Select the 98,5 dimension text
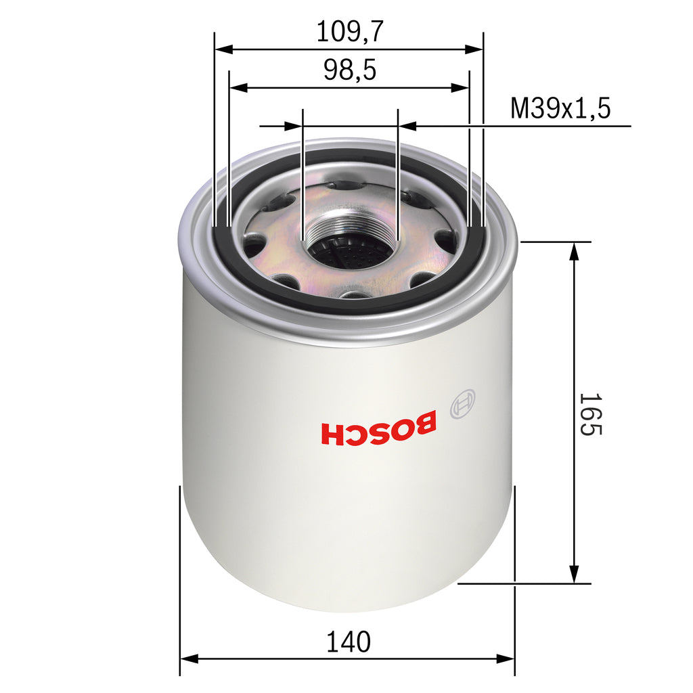click(349, 70)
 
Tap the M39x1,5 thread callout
click(560, 108)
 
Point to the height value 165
click(589, 413)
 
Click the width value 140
click(349, 642)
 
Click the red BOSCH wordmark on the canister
click(379, 431)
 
